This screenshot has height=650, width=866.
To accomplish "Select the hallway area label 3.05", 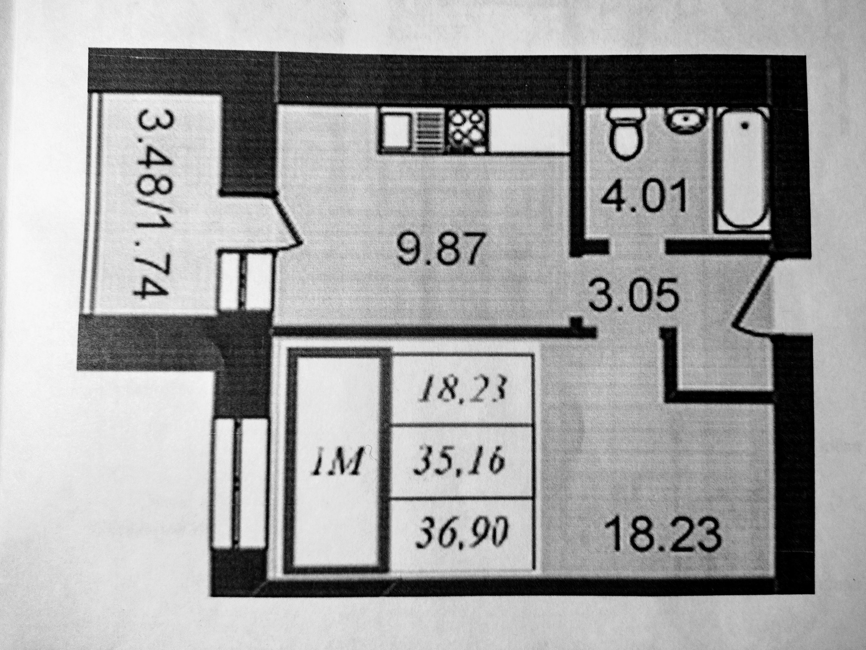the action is click(x=634, y=294).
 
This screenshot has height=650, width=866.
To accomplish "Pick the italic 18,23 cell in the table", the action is click(x=461, y=390).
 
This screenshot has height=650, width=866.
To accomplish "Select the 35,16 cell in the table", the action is click(x=461, y=462).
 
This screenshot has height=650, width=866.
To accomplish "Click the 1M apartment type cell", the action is click(x=339, y=463).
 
